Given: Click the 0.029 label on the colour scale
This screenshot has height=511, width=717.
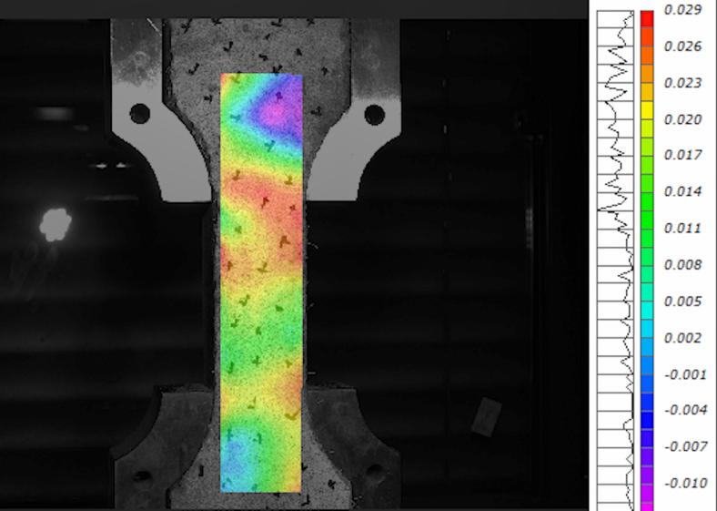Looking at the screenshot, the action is [x=682, y=10].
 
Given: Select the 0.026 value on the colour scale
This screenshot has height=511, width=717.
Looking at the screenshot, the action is [x=682, y=46].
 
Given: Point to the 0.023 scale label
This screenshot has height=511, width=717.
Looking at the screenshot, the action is [x=682, y=83].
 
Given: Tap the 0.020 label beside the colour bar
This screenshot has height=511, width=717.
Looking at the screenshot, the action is [x=682, y=119].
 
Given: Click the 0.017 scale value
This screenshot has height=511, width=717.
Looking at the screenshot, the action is [x=682, y=155].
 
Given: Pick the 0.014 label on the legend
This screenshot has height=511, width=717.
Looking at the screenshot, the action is [x=682, y=191].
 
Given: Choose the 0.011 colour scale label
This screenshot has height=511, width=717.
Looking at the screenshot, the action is [x=682, y=228].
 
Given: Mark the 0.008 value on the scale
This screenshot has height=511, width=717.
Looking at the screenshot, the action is [x=682, y=265].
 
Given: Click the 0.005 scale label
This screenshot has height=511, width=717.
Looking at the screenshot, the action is [x=682, y=301].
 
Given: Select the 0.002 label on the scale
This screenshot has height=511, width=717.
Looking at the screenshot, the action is [x=682, y=338].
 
